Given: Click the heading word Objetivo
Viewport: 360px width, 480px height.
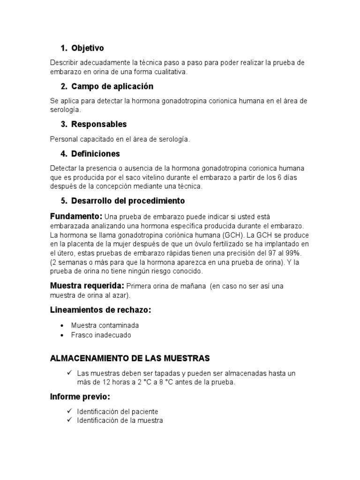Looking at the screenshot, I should (x=88, y=48).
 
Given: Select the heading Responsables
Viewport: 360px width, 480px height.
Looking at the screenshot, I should (x=99, y=124).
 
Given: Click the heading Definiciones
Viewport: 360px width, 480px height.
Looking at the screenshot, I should (x=96, y=154).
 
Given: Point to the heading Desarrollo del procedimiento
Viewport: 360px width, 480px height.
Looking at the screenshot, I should (x=128, y=201).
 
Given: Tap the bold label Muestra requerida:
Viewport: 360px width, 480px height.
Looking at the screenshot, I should (x=87, y=285).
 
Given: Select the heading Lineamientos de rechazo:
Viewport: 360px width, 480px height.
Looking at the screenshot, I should (x=100, y=310).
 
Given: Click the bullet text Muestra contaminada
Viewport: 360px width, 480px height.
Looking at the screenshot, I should (x=105, y=325).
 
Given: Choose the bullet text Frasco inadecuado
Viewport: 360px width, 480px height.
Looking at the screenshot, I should (x=101, y=335).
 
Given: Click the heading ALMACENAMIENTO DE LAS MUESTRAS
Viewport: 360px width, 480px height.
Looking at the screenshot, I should (x=130, y=358).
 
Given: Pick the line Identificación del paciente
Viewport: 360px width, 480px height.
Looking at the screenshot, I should (x=118, y=411).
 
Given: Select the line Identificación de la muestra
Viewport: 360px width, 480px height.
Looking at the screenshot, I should (x=120, y=420).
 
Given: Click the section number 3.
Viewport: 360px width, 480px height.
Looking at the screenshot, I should (x=63, y=124).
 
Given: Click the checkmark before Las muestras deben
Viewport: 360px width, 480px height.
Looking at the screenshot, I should (x=68, y=373).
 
